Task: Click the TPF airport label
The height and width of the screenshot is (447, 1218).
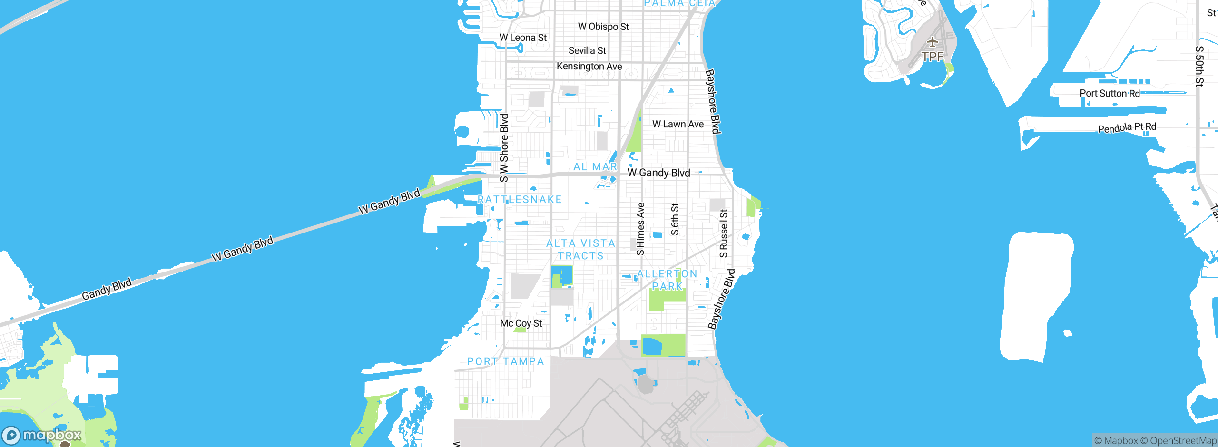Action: pos(932,57)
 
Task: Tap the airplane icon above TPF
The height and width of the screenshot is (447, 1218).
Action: pos(932,42)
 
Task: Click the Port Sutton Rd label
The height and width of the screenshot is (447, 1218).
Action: pos(1110,93)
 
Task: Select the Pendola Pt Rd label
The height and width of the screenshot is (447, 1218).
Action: pos(1127,127)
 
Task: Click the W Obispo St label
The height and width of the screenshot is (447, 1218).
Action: pos(603,27)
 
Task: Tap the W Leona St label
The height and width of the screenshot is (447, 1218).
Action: pos(523,38)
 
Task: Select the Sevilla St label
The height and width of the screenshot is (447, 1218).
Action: pos(587,50)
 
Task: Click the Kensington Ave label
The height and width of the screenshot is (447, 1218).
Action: pos(589,67)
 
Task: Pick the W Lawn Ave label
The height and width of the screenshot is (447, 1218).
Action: pos(678,124)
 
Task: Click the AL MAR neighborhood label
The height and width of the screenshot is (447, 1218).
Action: pos(595,166)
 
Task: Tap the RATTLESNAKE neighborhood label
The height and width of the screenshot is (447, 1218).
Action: pos(520,200)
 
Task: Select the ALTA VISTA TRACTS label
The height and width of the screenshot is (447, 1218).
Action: pos(580,250)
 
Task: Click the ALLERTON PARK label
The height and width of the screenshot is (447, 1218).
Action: pos(667,280)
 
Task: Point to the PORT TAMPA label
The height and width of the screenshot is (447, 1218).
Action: pos(505,361)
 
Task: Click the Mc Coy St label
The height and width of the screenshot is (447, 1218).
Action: pos(521,323)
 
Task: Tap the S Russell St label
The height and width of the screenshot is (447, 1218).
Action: pos(724,233)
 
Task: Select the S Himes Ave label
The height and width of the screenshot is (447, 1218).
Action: pos(640,229)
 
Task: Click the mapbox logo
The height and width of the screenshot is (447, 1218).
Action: pos(42,435)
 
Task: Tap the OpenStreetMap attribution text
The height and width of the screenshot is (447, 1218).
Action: pos(1182,441)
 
